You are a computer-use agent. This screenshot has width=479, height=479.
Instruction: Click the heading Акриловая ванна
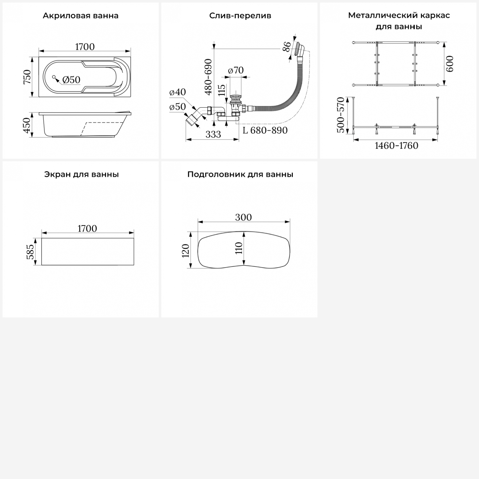80,16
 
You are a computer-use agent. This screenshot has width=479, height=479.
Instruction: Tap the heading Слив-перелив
240,16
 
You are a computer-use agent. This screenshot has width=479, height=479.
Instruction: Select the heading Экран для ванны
81,174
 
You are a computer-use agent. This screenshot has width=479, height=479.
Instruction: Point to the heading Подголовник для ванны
240,174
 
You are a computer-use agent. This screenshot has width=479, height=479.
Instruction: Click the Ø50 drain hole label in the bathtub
71,80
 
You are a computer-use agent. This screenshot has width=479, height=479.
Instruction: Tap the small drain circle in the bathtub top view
54,77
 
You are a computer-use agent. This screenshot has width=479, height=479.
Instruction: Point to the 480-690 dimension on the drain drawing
208,77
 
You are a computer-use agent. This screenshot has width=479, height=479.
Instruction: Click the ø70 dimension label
236,70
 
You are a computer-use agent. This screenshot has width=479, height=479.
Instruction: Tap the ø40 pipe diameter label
178,92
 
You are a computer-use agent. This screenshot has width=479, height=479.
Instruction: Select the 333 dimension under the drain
213,134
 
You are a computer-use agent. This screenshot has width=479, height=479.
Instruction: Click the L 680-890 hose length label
265,130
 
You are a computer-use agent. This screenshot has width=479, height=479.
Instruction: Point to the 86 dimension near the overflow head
287,47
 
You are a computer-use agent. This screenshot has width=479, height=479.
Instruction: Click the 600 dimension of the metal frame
449,64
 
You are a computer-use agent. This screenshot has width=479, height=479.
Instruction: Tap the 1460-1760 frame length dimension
396,146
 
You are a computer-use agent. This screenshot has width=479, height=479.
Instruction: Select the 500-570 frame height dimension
341,115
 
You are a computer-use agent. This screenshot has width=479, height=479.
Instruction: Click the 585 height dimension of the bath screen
30,252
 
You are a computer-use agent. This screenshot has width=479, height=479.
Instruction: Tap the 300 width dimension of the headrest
243,217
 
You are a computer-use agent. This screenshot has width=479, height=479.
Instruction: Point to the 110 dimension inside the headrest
239,248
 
